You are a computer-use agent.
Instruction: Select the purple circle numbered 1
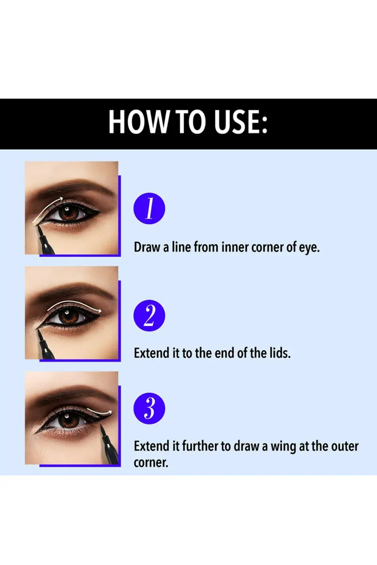[x=149, y=208]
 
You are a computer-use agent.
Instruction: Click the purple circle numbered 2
[x=149, y=315]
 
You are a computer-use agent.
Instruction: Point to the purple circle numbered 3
[x=149, y=408]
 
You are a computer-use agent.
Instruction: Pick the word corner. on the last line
[x=151, y=462]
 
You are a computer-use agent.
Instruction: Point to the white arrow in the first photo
[x=47, y=207]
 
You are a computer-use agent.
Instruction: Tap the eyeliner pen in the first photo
[x=45, y=240]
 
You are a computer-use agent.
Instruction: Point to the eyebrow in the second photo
[x=73, y=290]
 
